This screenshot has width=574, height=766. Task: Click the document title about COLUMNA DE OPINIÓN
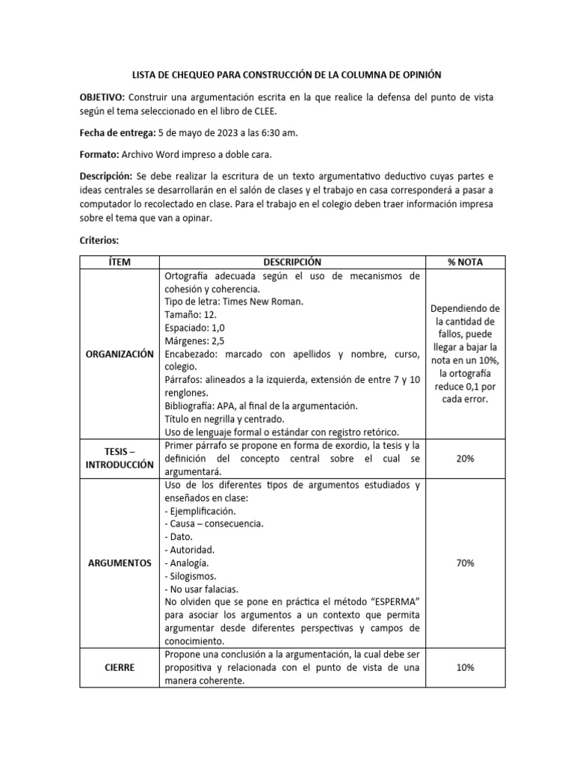tap(287, 75)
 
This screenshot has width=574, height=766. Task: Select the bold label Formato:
tap(99, 155)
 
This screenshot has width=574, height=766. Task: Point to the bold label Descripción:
tap(105, 177)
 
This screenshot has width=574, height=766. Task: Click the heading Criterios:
tap(99, 240)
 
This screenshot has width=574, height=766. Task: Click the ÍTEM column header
tap(120, 262)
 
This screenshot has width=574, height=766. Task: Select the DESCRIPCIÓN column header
tap(291, 262)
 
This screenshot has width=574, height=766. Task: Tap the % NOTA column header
tap(465, 262)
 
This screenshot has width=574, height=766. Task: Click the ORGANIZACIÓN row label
tap(120, 354)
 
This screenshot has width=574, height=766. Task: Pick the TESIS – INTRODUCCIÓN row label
tap(120, 458)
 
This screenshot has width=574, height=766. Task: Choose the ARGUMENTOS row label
tap(120, 563)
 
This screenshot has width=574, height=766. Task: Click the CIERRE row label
tap(120, 667)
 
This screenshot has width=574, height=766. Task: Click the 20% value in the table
tap(465, 459)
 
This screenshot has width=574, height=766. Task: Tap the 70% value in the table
tap(465, 563)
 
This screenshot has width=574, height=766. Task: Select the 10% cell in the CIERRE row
tap(465, 667)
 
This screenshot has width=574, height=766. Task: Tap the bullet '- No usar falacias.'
tap(201, 589)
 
